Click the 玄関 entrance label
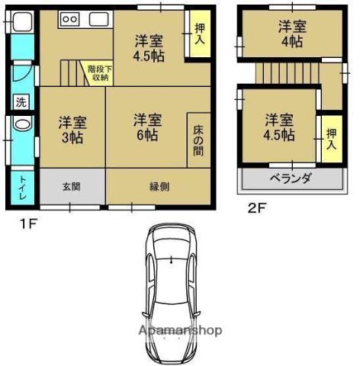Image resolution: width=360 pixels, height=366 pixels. point(72,187)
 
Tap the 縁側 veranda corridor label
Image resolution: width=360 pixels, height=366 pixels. point(159,187)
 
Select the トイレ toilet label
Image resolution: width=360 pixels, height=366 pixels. point(23,188)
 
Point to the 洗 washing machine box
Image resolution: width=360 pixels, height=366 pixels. point(21,102)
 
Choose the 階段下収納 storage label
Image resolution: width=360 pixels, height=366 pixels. point(100,73)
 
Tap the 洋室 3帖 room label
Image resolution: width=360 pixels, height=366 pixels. point(72,130)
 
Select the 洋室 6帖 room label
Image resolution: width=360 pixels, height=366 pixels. point(148,127)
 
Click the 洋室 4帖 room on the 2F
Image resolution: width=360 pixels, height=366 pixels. point(292,34)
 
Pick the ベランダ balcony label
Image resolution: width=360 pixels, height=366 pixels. point(290,178)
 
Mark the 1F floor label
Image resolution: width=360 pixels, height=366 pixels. point(29,224)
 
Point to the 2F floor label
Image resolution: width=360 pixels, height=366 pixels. point(257,209)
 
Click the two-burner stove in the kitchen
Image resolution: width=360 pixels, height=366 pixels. point(70,19)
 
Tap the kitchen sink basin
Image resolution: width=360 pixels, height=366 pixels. point(99,19)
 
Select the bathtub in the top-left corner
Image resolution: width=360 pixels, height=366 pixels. point(22,21)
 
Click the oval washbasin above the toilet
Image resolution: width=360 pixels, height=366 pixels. point(22,124)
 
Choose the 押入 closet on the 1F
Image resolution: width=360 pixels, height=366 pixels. point(200,34)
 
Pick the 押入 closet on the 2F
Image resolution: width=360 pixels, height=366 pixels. point(332,139)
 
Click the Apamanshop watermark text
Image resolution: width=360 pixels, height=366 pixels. point(181,330)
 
